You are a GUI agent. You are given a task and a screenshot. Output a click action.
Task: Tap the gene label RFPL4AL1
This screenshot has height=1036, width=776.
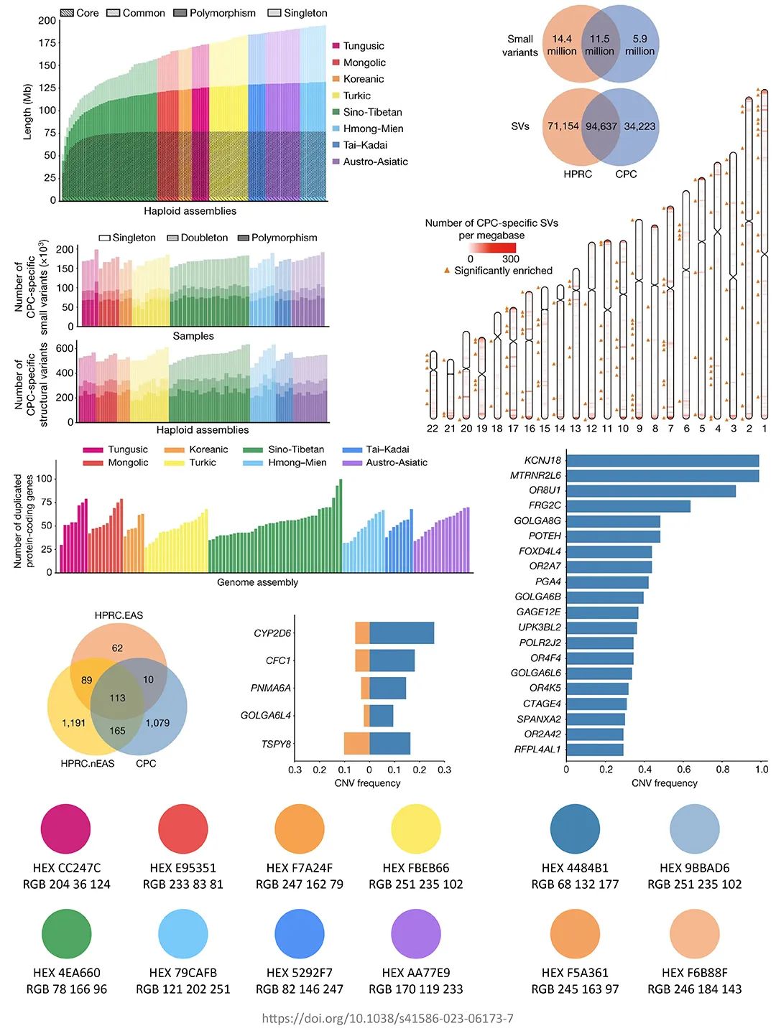point(537,750)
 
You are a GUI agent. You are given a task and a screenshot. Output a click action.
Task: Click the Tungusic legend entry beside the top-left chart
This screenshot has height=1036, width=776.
point(363,46)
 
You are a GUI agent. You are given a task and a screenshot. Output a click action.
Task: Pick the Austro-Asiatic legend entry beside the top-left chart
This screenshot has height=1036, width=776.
point(374,162)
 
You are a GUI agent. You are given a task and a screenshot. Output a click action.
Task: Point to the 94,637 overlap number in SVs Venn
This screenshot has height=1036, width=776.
point(601,126)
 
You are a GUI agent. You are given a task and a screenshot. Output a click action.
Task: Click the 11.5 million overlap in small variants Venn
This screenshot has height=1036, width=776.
point(599,45)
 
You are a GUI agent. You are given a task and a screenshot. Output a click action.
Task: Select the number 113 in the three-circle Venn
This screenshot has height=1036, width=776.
point(117,698)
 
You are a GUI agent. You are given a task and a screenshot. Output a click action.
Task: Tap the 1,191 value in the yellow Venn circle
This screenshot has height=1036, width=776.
point(73,723)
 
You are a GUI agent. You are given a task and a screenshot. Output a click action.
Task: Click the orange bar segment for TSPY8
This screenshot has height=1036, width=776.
point(356,744)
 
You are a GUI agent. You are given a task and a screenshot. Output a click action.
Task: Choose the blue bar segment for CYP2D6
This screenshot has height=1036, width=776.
point(402,633)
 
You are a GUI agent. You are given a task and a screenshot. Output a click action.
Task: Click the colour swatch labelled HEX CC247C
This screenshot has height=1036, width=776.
point(66,829)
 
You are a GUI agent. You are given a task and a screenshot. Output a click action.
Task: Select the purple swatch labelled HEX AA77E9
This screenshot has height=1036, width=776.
point(415,933)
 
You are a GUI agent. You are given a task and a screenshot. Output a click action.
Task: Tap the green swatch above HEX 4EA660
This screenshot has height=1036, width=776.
point(66,933)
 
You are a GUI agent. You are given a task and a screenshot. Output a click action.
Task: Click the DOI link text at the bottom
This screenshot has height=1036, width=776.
point(387,1019)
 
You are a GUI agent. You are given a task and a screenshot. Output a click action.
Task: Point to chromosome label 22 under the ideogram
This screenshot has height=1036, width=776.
point(432,429)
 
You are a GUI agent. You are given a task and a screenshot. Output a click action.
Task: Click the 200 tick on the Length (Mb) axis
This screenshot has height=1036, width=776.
point(47,21)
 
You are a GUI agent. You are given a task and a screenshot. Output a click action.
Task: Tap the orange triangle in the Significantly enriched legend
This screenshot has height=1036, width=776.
point(447,271)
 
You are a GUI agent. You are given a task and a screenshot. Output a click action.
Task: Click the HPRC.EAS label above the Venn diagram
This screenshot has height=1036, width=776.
point(119,615)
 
